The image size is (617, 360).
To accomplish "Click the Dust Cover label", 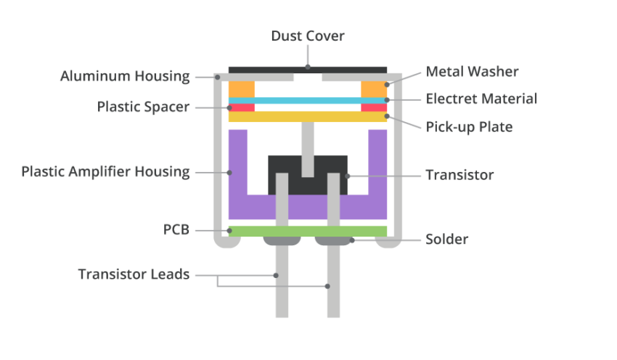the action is pos(308,36).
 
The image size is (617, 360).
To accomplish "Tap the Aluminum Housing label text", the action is pos(125,76).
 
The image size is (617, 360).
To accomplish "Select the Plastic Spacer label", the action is pos(143,107).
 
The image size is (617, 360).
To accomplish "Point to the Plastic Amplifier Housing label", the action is pos(105,171).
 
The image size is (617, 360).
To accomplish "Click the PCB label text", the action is pos(176,229).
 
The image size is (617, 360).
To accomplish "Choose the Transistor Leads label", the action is pos(134,274).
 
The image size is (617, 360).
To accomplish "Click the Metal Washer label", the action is pos(473,71).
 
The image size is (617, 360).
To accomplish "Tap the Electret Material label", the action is pos(481,99).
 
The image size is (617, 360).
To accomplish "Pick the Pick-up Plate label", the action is pos(469,127).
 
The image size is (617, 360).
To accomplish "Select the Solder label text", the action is pos(447,240).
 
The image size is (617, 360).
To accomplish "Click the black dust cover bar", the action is pos(308,70).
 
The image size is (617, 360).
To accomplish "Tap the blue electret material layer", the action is pos(308,101).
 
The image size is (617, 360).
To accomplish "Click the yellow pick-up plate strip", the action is pos(308,116).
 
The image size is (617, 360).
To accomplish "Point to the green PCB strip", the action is pos(308,231).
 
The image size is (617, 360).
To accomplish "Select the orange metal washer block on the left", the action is pos(242,89).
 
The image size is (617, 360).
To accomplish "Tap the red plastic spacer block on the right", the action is pos(374,107).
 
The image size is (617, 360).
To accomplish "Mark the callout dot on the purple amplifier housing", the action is pos(229,172).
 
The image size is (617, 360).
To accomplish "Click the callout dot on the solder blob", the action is pos(352,240).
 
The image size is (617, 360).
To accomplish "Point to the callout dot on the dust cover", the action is pos(308,67).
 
